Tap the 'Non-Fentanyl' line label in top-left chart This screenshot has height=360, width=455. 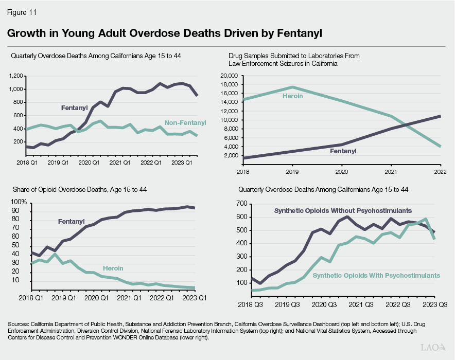[185, 122]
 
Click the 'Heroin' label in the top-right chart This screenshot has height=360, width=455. [292, 96]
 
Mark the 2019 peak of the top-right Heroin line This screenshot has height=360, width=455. [292, 87]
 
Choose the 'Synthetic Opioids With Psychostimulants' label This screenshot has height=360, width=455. [376, 275]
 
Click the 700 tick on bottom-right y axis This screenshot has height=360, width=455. [240, 204]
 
